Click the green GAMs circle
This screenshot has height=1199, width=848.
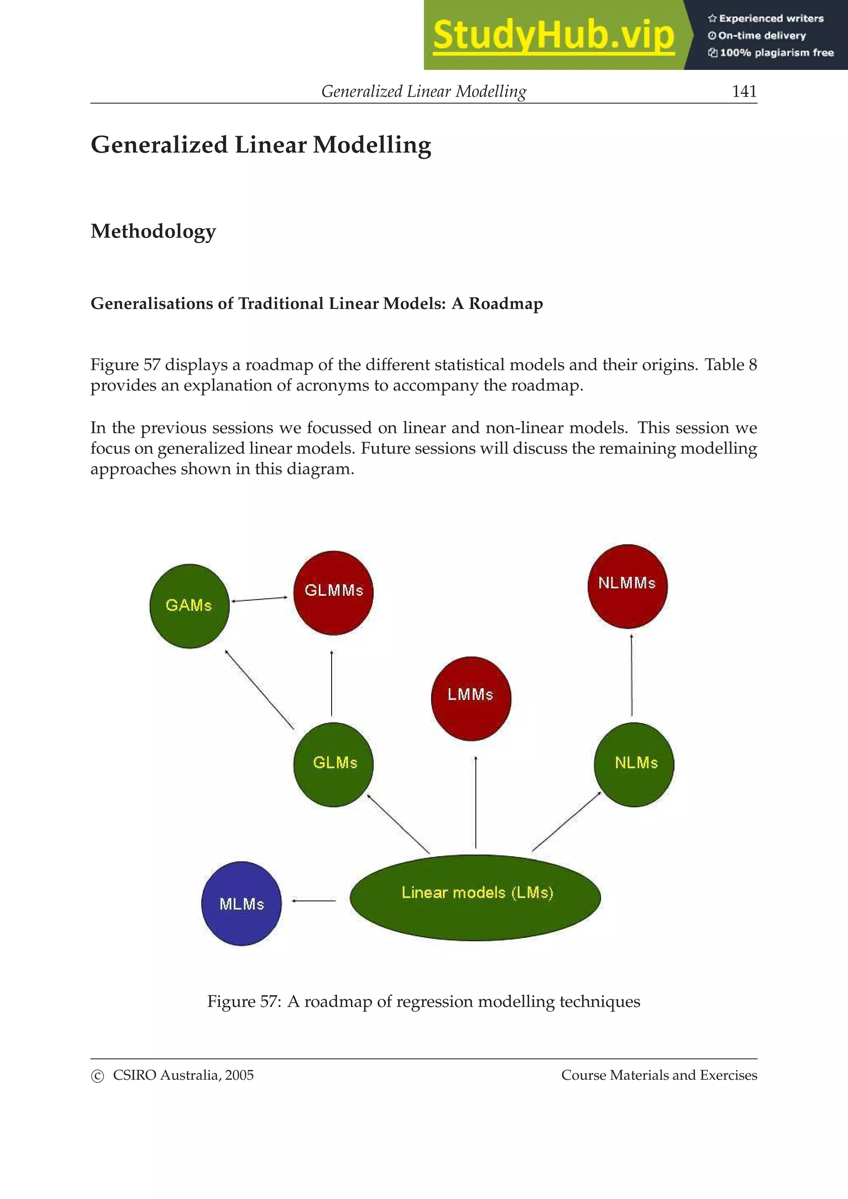(x=189, y=606)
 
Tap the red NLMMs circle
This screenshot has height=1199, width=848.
(x=627, y=585)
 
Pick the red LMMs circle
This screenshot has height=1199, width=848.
(x=471, y=698)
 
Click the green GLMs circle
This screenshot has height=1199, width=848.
(x=333, y=764)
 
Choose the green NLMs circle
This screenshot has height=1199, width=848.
(x=634, y=764)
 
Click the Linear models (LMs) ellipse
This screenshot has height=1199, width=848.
(x=475, y=897)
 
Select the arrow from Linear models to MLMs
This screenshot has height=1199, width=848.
(x=314, y=900)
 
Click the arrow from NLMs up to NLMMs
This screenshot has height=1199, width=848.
(x=632, y=675)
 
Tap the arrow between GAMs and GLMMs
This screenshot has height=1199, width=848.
(x=260, y=599)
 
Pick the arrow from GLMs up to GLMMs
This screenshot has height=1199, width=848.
(x=332, y=683)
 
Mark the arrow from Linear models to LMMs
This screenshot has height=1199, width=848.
(x=475, y=801)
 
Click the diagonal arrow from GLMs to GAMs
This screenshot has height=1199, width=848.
(x=259, y=689)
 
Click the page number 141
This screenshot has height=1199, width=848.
(x=744, y=91)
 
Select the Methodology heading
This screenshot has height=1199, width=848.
(x=153, y=231)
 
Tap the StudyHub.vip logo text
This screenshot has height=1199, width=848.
(x=553, y=35)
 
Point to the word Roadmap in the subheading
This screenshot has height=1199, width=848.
(x=506, y=303)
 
